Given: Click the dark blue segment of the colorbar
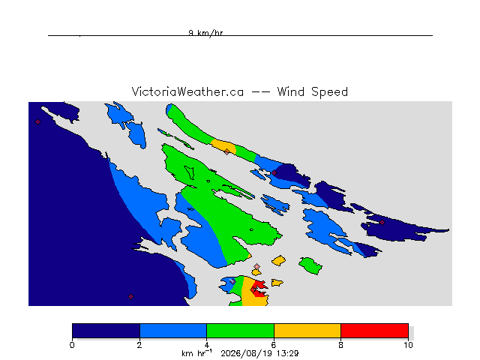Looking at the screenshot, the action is pos(106,331).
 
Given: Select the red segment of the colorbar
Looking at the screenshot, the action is pos(374,331).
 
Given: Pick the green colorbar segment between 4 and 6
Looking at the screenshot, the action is pos(240,331).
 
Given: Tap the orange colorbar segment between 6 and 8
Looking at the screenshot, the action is pos(307,331).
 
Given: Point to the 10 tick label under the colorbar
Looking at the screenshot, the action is pos(408,345).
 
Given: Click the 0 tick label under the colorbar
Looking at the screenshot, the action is pos(72,345).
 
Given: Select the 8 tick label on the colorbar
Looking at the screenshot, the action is pos(340,345).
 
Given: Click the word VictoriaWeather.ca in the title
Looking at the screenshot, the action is pos(187,91).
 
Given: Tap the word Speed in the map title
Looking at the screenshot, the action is pos(329,92).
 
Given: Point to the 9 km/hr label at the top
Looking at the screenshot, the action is pos(205,33).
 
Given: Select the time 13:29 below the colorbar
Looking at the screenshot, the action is pos(287,353).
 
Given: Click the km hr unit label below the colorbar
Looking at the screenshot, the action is pos(196,353).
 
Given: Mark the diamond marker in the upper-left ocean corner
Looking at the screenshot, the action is pos(37,122).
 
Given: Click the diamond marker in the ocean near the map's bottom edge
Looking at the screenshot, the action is pos(130,297).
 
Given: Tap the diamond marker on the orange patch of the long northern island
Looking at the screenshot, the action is pos(226,151).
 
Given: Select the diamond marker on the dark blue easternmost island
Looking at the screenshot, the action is pos(382,223).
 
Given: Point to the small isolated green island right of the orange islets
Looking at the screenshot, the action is pos(310,265).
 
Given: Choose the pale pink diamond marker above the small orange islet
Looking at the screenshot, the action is pos(256,267).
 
